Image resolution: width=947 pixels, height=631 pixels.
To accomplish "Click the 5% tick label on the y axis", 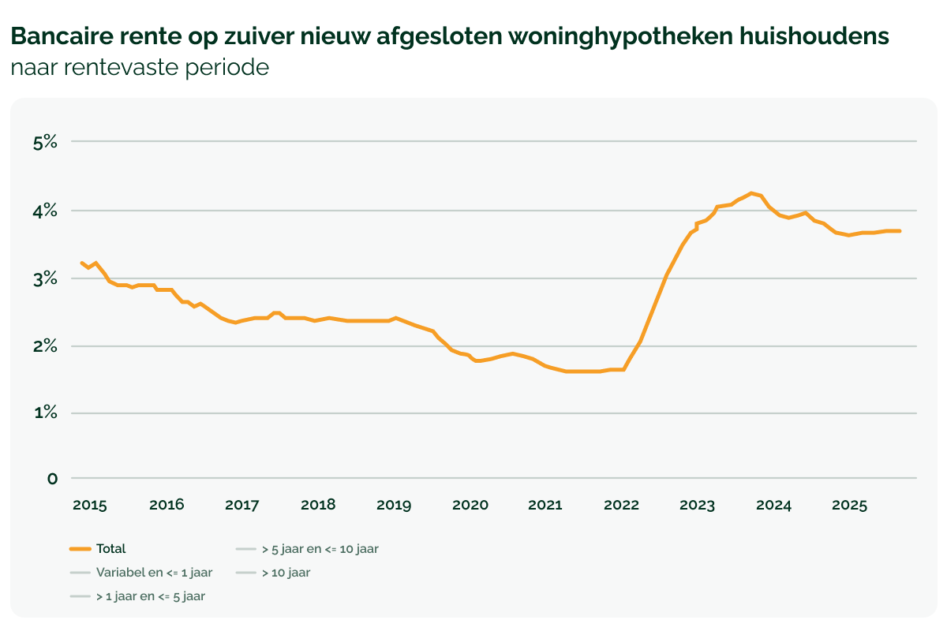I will click(46, 142).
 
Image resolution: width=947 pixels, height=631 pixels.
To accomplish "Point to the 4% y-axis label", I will click(46, 211).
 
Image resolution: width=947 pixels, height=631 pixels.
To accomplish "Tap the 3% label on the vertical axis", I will click(46, 278).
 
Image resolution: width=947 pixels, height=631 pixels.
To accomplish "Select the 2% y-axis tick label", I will click(46, 346).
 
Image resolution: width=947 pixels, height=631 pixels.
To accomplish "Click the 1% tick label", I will click(46, 413).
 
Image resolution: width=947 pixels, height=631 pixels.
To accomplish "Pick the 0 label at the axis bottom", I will click(52, 478).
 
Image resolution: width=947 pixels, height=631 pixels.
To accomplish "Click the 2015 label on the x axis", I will click(90, 505).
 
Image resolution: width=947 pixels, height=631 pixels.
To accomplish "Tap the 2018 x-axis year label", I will click(318, 505).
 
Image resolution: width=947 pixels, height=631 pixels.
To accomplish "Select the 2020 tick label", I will click(470, 505).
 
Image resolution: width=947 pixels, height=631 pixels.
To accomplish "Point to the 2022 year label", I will click(621, 505).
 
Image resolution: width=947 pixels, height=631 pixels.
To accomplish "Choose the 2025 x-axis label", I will click(849, 505).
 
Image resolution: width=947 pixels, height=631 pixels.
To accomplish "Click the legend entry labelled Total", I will click(111, 549).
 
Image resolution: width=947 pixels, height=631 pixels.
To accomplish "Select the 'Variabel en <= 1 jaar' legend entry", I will click(154, 573).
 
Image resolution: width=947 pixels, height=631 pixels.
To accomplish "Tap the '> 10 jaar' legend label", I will click(286, 573).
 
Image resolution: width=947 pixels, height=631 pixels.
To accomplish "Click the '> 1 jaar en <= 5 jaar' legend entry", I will click(151, 596).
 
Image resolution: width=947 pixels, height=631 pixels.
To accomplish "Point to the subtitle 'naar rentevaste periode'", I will click(140, 67).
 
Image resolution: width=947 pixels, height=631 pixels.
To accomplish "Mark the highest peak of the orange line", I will click(751, 192).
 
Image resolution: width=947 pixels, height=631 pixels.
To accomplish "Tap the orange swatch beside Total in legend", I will click(80, 549).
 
